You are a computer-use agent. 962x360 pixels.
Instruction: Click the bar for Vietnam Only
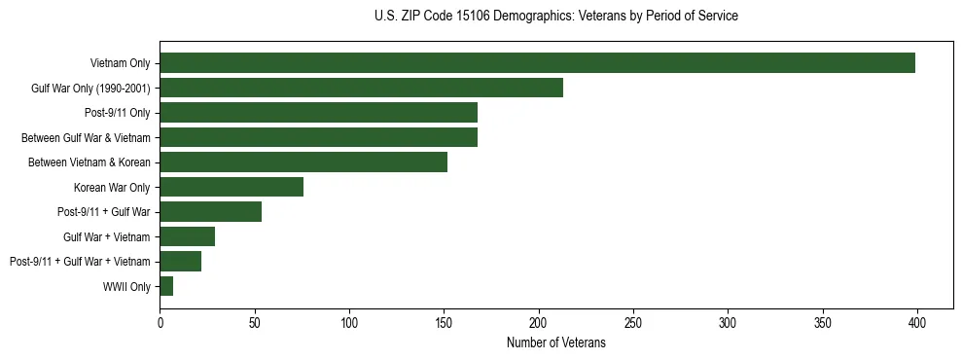pos(537,63)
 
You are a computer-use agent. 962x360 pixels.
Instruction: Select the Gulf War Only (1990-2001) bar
pos(361,89)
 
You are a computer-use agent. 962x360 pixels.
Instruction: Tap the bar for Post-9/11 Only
pos(318,113)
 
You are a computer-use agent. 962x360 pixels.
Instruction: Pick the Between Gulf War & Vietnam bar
pos(318,138)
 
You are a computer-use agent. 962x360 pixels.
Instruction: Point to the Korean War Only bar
pos(232,187)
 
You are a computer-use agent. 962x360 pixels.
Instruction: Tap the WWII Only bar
pos(166,286)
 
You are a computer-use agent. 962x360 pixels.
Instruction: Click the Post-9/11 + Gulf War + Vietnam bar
pos(180,262)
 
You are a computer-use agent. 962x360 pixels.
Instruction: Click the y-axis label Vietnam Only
pos(121,63)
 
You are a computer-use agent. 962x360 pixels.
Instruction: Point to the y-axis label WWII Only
pos(126,286)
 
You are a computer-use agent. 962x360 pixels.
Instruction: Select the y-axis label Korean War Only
pos(112,187)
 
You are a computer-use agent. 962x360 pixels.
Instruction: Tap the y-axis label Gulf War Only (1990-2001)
pos(91,89)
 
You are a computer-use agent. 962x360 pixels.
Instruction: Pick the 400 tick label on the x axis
pos(917,322)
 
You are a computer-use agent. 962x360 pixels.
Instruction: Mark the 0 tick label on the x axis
pos(160,322)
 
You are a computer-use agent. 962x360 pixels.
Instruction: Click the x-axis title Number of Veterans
pos(555,342)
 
